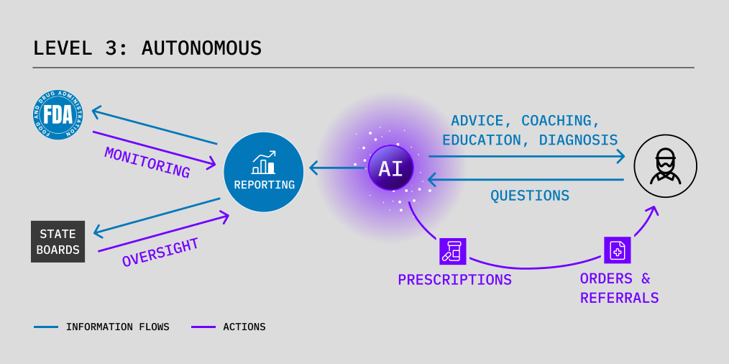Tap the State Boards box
click(58, 242)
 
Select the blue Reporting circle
click(264, 172)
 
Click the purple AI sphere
click(391, 168)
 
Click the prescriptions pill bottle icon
click(453, 251)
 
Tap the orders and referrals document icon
click(617, 250)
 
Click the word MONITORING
click(147, 163)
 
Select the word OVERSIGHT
click(160, 252)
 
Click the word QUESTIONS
click(530, 196)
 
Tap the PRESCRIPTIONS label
click(454, 280)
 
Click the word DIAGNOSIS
click(578, 140)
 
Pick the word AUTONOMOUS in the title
click(201, 48)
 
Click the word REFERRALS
click(619, 298)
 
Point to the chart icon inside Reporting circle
click(264, 163)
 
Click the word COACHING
click(561, 120)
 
